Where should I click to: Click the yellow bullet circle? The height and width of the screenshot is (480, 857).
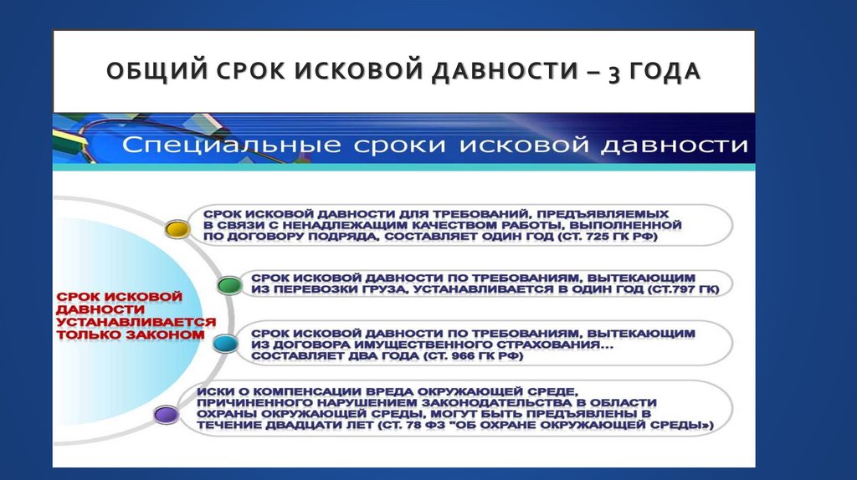pyautogui.click(x=177, y=228)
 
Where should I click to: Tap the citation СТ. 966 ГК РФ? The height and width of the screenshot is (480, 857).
pyautogui.click(x=476, y=355)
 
